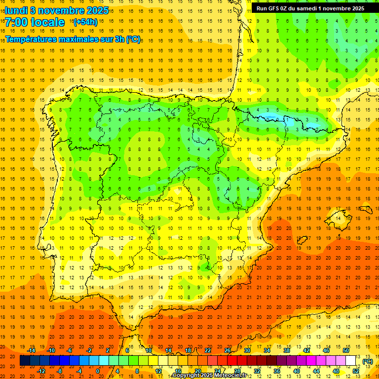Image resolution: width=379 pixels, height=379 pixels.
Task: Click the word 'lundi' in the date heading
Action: [x=16, y=10]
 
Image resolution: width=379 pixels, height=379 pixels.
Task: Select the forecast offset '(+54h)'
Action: [x=85, y=22]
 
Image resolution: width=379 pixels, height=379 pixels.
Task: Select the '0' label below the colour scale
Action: [x=98, y=371]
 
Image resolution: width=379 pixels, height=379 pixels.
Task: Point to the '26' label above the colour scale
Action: [x=227, y=350]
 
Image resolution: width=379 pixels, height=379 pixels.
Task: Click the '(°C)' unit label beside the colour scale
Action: [x=367, y=361]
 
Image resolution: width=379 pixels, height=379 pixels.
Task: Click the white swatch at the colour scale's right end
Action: [x=351, y=361]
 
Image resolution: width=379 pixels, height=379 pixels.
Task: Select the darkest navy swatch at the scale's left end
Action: [x=25, y=361]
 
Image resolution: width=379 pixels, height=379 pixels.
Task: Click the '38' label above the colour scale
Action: [x=287, y=350]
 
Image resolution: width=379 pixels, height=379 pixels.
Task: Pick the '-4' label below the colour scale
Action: [x=78, y=371]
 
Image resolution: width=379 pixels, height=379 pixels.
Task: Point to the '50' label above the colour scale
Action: [x=346, y=350]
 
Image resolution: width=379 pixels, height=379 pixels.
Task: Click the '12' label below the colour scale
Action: [x=158, y=371]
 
